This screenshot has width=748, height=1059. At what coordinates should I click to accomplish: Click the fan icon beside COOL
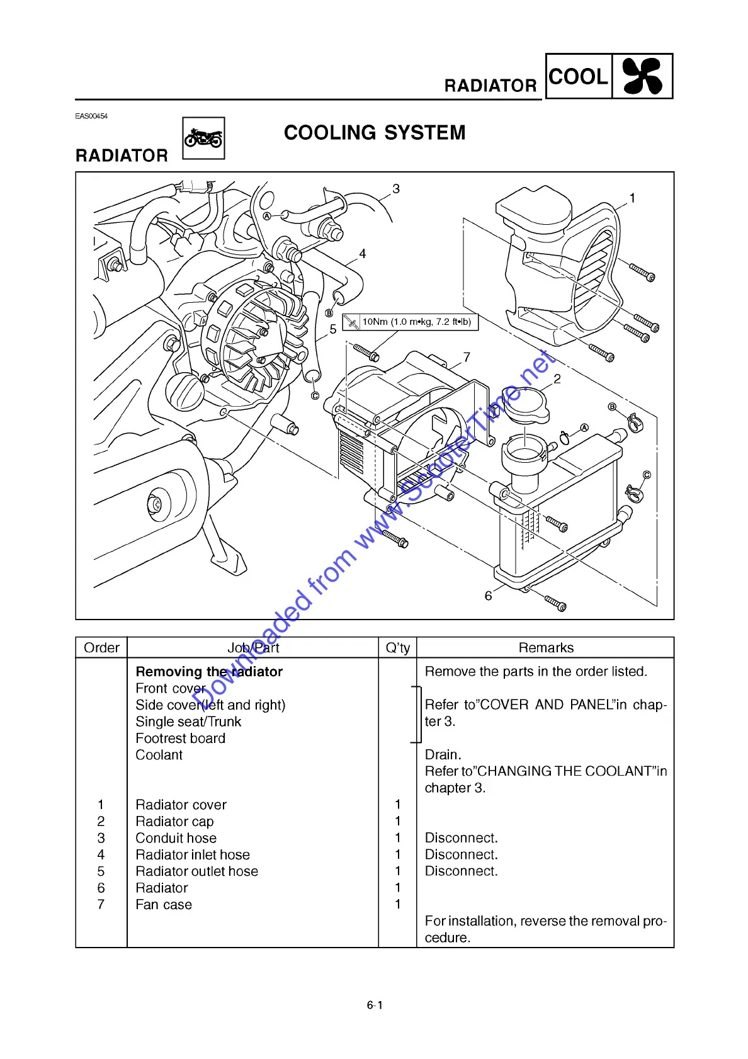coord(642,76)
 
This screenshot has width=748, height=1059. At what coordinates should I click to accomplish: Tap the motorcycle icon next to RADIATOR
coord(203,138)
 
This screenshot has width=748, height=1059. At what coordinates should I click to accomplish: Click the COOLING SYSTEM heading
coord(375,133)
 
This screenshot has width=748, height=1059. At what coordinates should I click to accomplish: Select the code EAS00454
coord(91,116)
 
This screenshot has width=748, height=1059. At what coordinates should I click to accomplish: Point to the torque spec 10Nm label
coord(416,322)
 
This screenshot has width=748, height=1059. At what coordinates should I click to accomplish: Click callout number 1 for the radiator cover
coord(632,198)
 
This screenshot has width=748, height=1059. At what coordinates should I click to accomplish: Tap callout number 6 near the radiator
coord(488,596)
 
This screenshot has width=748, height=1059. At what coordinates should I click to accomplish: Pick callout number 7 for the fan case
coord(467,357)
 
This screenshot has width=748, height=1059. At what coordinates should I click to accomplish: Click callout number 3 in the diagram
coord(396,189)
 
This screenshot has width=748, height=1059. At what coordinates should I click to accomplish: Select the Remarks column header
coord(546,648)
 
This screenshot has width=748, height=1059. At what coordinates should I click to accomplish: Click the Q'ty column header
coord(397,648)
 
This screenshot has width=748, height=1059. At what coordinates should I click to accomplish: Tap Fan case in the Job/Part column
coord(164,905)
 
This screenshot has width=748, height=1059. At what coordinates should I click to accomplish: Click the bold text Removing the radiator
coord(209,672)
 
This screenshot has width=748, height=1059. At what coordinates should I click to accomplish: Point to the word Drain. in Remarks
coord(443,755)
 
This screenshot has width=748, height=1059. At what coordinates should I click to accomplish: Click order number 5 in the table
coord(101,871)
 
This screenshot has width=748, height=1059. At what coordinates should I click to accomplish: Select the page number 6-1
coord(375,1005)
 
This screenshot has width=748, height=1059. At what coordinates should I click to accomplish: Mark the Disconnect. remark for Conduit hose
coord(461,838)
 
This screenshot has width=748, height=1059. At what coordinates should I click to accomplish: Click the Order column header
coord(101,648)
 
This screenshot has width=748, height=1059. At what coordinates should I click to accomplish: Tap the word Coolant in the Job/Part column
coord(159,755)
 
